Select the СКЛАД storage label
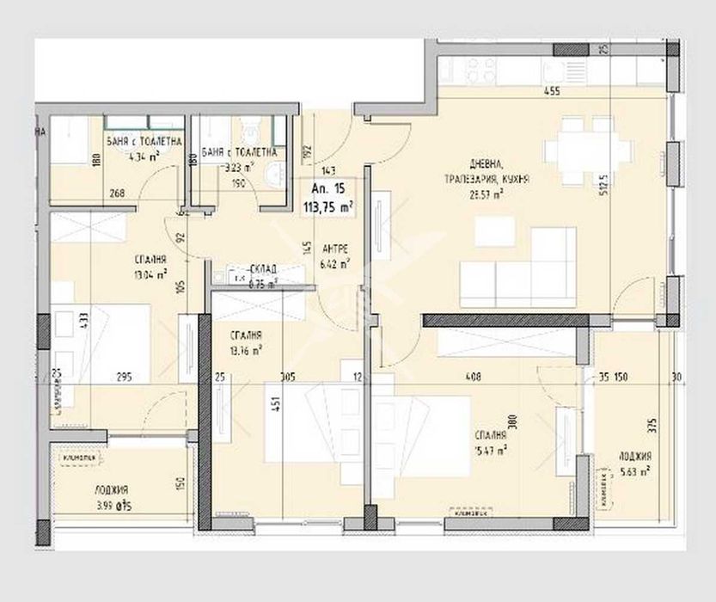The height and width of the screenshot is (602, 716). point(248,267)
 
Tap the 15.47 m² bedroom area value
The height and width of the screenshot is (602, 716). point(490,448)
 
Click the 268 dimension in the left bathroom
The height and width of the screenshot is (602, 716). point(117,193)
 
